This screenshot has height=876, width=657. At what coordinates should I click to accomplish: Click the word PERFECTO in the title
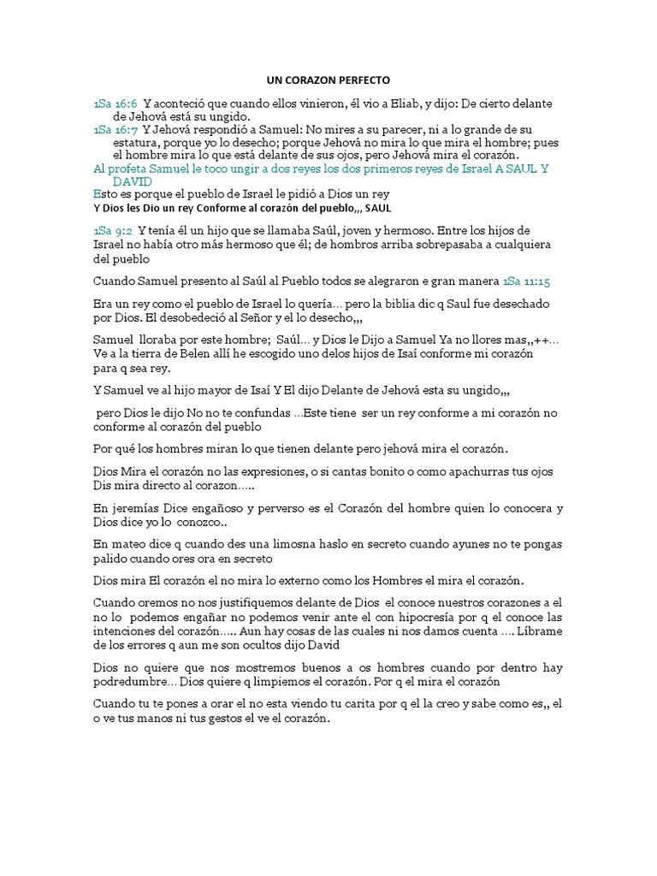[362, 80]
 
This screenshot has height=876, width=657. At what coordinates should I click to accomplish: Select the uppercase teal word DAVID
[133, 181]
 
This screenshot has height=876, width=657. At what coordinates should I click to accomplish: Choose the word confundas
[261, 412]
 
